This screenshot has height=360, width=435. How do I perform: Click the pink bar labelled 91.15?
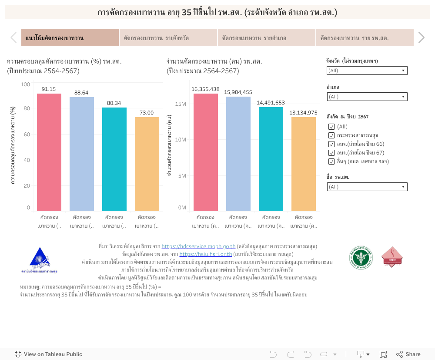point(49,152)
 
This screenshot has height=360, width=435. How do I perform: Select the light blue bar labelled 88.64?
point(82,154)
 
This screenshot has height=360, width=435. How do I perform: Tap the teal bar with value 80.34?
point(114,159)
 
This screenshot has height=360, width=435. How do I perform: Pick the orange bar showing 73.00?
point(147,164)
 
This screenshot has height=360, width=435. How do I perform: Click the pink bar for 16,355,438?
point(206,152)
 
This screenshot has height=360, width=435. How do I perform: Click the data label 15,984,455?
point(238,92)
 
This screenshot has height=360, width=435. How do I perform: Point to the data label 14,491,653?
point(271,103)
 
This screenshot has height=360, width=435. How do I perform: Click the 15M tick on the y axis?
point(181,104)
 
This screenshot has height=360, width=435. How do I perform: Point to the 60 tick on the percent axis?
point(27,135)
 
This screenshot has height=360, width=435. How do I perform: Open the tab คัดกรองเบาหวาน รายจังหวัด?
point(168,38)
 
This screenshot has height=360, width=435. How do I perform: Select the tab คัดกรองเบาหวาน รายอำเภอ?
point(266,38)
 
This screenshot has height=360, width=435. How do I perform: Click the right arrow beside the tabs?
point(421,38)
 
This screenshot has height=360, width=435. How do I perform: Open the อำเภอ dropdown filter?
point(367,97)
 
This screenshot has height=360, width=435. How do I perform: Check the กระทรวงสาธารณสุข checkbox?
point(332,135)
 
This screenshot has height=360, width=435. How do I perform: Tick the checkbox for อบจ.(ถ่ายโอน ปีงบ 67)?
point(332,153)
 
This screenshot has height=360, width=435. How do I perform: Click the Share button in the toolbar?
point(408,354)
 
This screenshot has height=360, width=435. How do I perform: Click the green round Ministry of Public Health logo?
point(361,257)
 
